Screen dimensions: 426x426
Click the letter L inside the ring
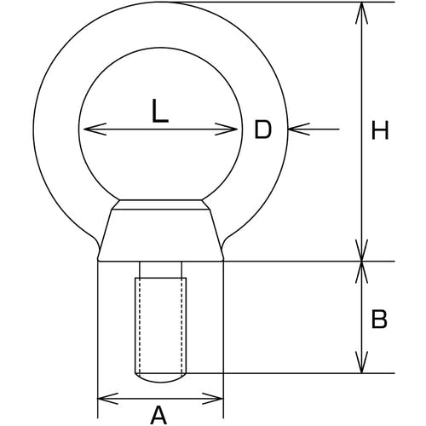[160, 111]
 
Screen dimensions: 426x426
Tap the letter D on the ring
[263, 130]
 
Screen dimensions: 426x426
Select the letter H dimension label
[380, 130]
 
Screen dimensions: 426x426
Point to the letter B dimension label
[379, 319]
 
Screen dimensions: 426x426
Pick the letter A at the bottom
[158, 415]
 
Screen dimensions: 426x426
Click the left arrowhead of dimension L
[95, 130]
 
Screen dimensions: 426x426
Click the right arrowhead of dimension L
[226, 130]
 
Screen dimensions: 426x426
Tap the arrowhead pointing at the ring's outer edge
[299, 130]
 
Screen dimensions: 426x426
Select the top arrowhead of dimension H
[361, 13]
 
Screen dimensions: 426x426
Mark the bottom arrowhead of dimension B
[361, 362]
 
